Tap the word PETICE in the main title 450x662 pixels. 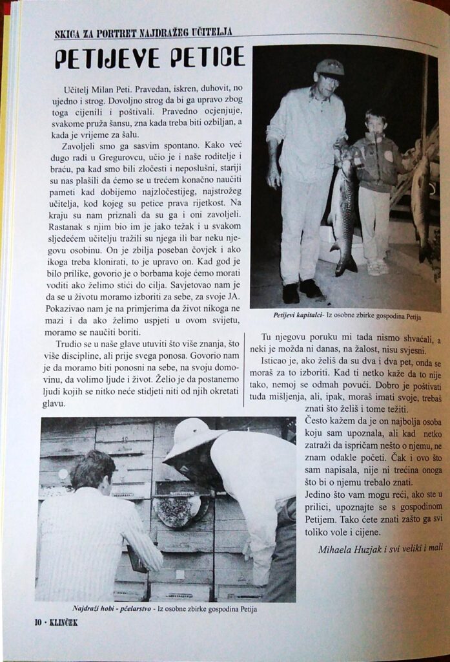[x=208, y=58]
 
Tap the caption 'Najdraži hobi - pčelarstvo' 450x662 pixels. [x=112, y=608]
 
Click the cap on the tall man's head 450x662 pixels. [x=329, y=67]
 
